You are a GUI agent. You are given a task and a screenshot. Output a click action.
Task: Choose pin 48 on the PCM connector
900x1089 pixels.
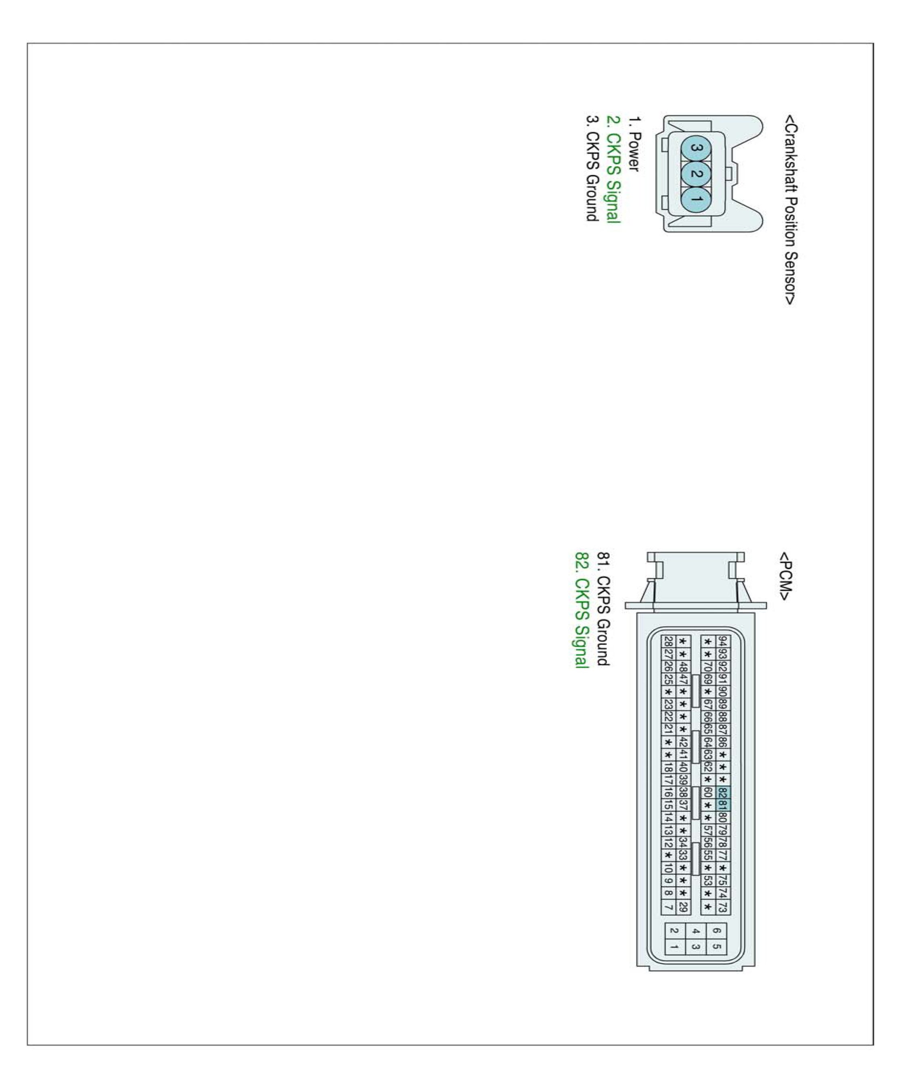683,667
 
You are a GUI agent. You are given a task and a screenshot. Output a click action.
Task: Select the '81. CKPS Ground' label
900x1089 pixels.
603,609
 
